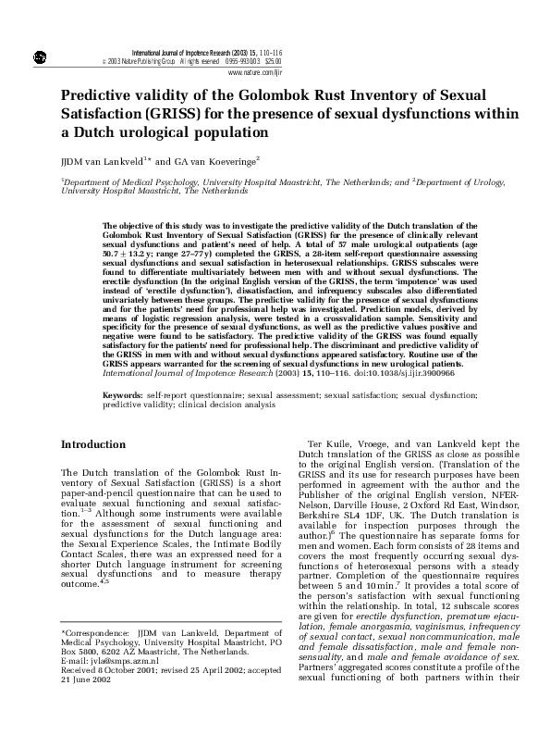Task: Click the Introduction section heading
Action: coord(93,445)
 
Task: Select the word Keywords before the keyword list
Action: coord(124,394)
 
